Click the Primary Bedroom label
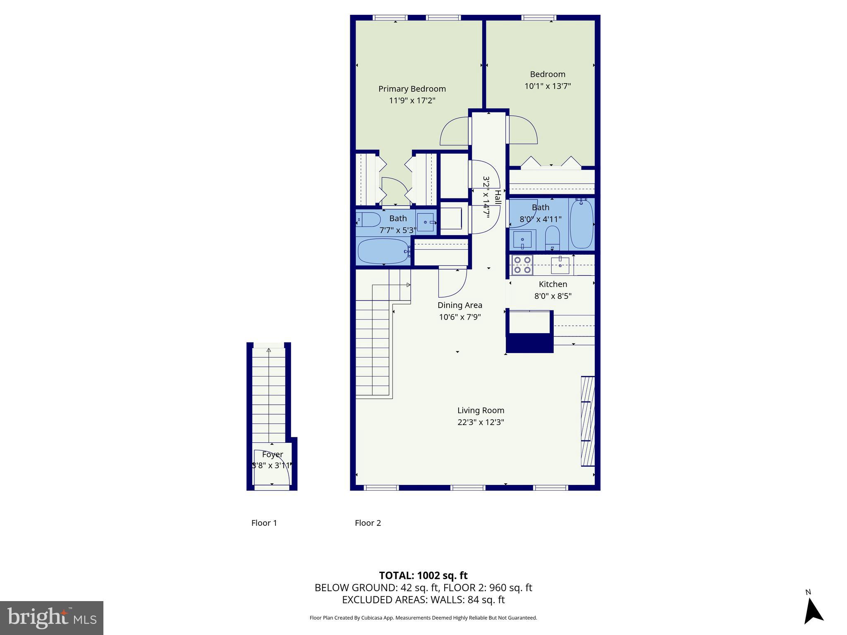click(412, 89)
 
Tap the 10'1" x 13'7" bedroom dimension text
click(548, 86)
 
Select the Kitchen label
click(553, 284)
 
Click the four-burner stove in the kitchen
click(522, 265)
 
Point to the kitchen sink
click(560, 265)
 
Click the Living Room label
click(481, 411)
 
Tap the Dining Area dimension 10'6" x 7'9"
click(460, 317)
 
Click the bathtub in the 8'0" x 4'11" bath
click(581, 224)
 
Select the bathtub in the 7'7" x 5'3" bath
click(383, 251)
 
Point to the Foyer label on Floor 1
click(272, 454)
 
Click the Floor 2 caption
click(368, 523)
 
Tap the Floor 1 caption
click(264, 523)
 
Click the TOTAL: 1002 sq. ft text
click(423, 575)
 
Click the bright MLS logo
click(52, 618)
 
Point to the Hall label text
click(498, 197)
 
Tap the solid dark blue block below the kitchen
click(529, 343)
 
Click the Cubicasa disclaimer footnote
click(423, 618)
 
